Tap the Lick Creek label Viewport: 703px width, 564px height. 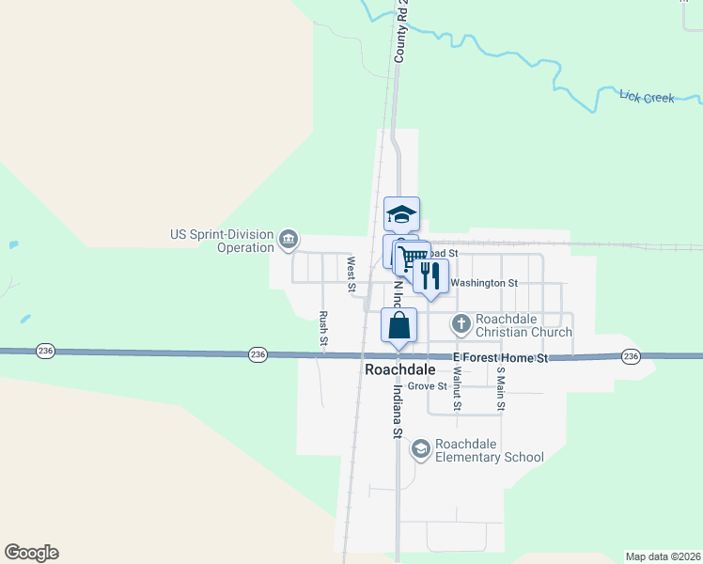tap(647, 96)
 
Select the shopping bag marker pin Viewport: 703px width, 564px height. tap(398, 327)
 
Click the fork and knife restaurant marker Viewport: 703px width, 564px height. tap(430, 276)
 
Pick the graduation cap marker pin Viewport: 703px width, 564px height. tap(401, 215)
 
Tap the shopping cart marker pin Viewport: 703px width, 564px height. tap(414, 258)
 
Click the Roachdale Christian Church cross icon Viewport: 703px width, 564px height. tap(461, 325)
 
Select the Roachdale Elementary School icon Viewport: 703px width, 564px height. tap(420, 450)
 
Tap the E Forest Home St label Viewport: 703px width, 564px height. tap(500, 359)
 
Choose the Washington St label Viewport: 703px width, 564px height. tap(484, 282)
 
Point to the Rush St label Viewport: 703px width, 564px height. tap(322, 329)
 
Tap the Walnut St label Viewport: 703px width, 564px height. tap(457, 386)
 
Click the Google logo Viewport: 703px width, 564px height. tap(31, 553)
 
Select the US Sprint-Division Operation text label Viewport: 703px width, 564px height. tap(222, 242)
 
